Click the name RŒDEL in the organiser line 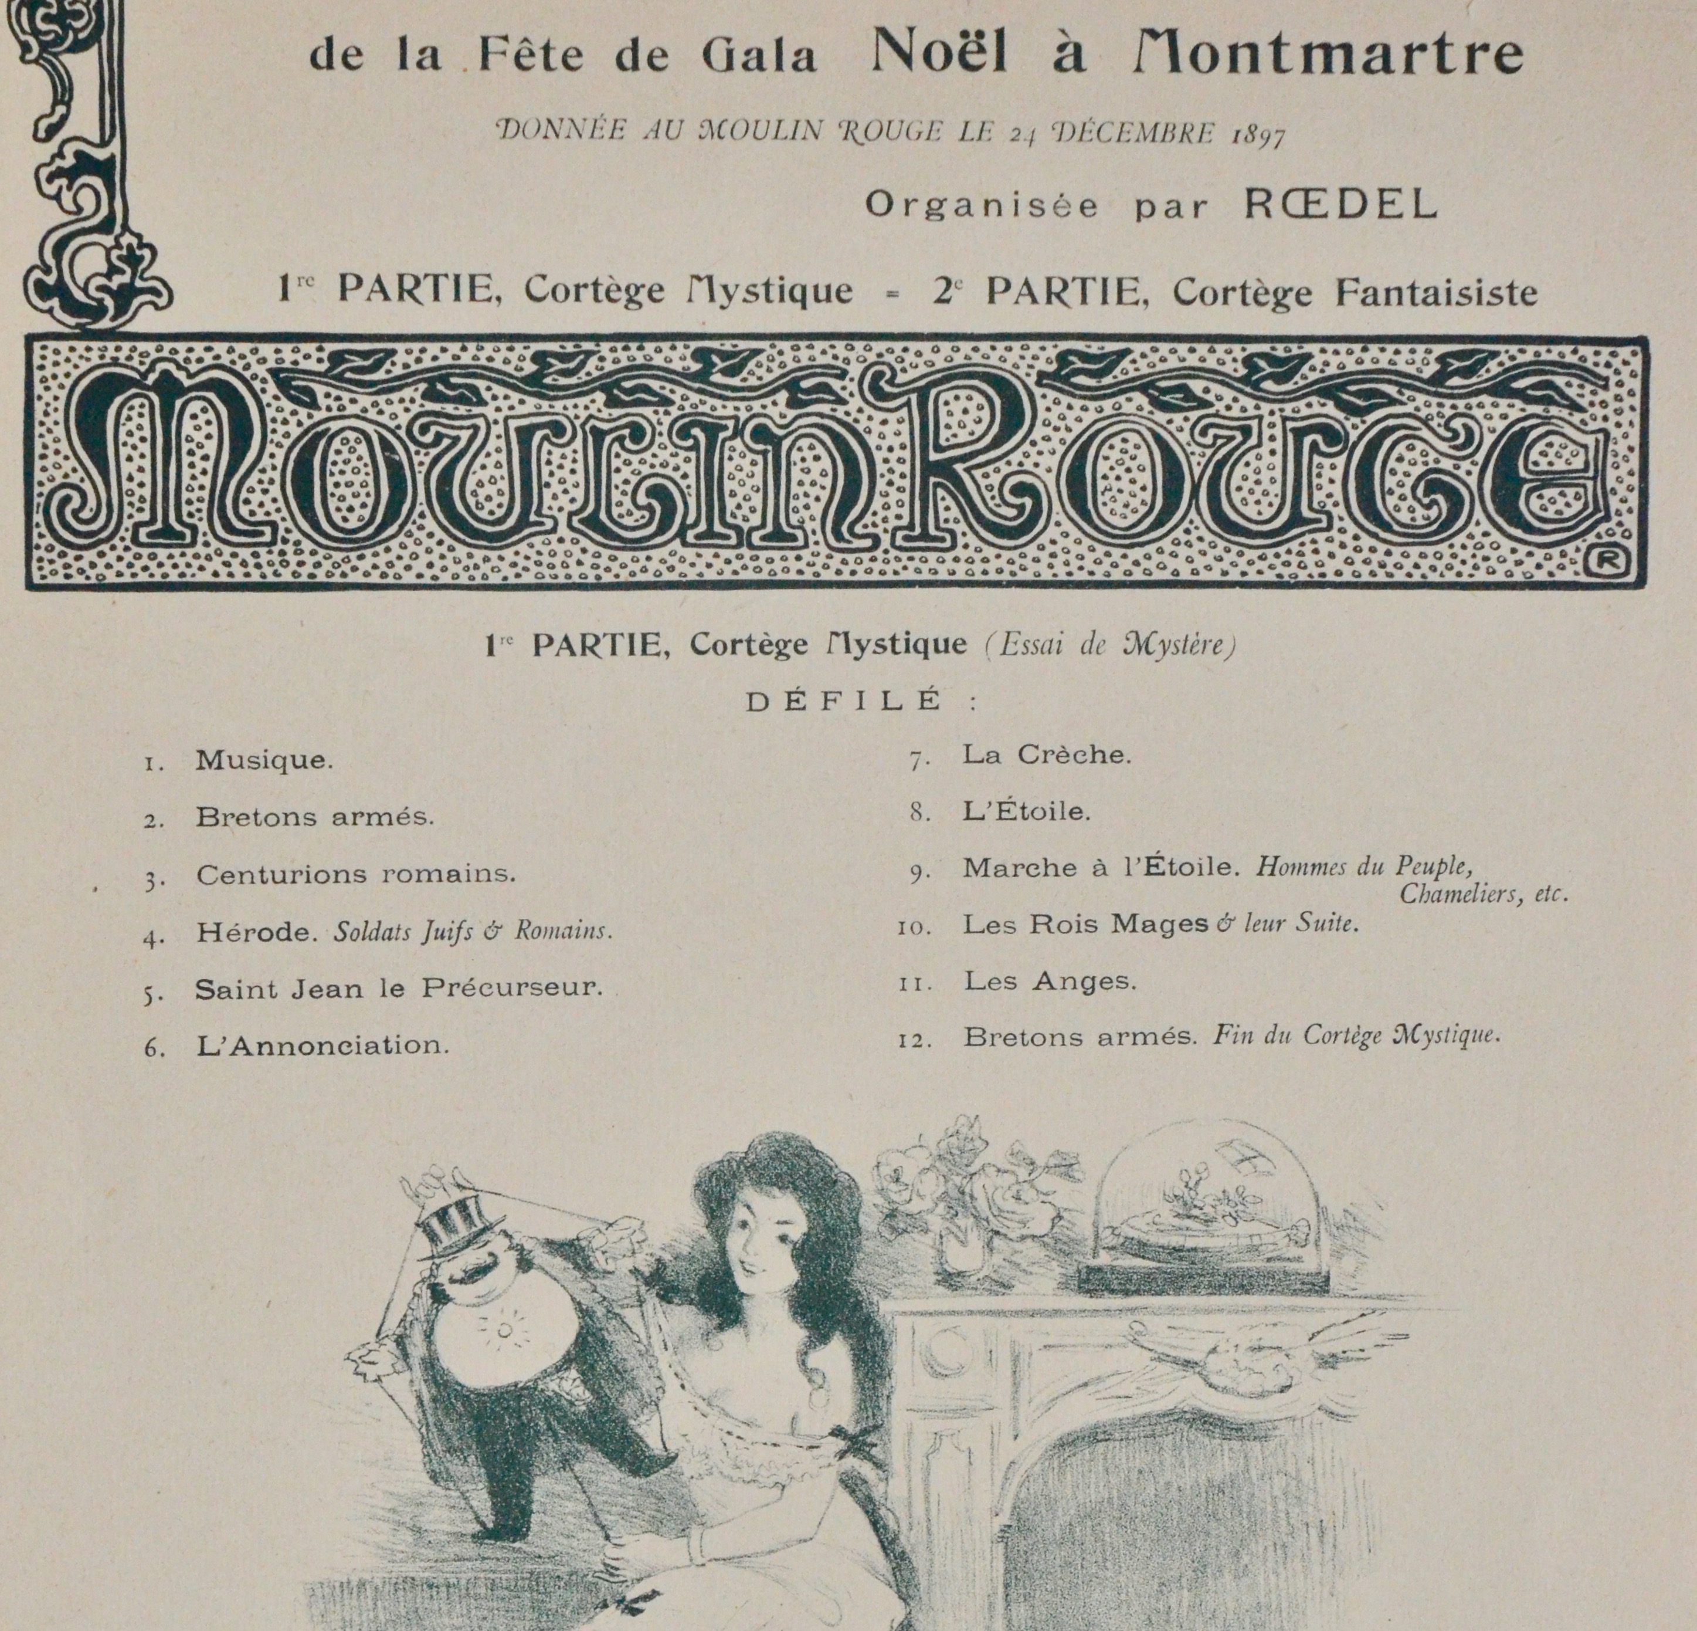tap(1340, 204)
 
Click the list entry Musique tap(264, 760)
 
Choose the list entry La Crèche tap(1047, 754)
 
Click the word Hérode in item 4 tap(253, 932)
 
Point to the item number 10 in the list tap(914, 928)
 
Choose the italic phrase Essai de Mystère tap(1110, 645)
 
